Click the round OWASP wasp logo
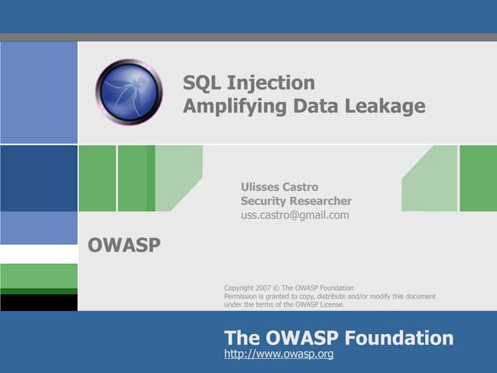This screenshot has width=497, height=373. tap(129, 92)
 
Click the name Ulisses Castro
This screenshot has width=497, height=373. tap(280, 186)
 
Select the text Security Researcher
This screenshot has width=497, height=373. tap(296, 200)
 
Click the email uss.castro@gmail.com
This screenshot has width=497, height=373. tap(294, 215)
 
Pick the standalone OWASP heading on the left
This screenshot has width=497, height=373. tap(124, 246)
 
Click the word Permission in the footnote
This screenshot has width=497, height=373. tap(242, 296)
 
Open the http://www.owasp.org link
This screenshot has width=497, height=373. tap(279, 354)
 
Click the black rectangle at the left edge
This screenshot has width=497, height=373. tap(39, 302)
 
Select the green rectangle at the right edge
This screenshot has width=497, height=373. tap(478, 178)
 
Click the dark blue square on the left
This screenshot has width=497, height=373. tap(39, 178)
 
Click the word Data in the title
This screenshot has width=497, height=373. tap(315, 106)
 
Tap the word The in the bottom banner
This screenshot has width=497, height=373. tap(240, 338)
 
